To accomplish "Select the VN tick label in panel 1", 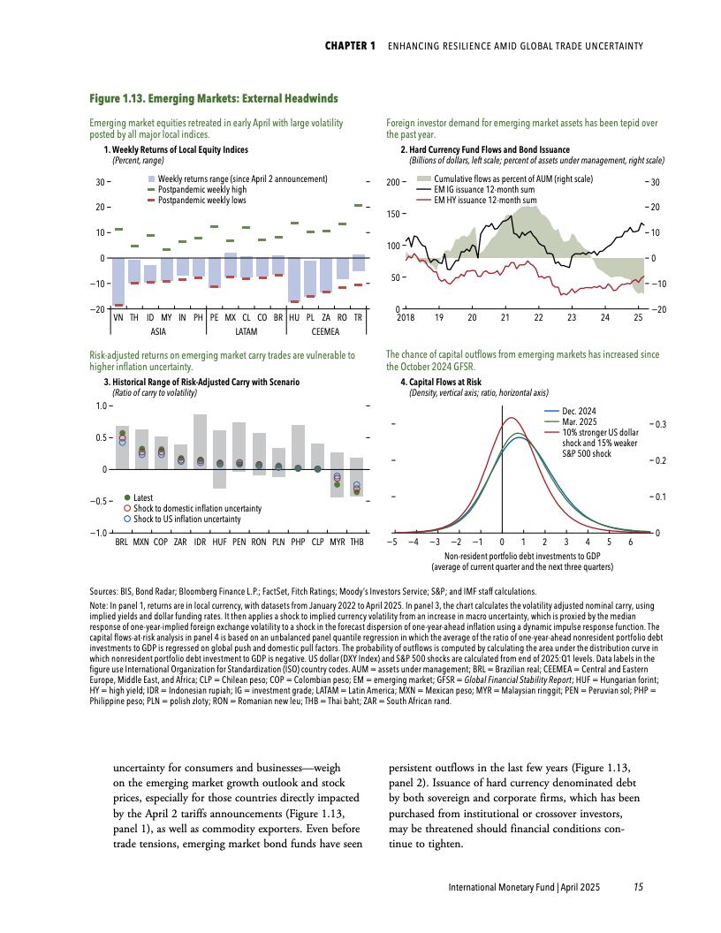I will point(118,316).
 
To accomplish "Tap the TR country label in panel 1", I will point(358,316).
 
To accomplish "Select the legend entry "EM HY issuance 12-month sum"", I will point(485,201).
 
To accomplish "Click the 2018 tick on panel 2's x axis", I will point(406,316).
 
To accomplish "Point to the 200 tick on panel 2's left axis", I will point(393,182).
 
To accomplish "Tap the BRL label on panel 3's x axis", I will point(122,541).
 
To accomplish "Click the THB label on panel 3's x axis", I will point(357,541).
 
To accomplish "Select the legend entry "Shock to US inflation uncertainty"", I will point(186,519).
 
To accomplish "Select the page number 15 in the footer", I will point(638,886).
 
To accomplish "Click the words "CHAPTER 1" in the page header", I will point(351,45).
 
